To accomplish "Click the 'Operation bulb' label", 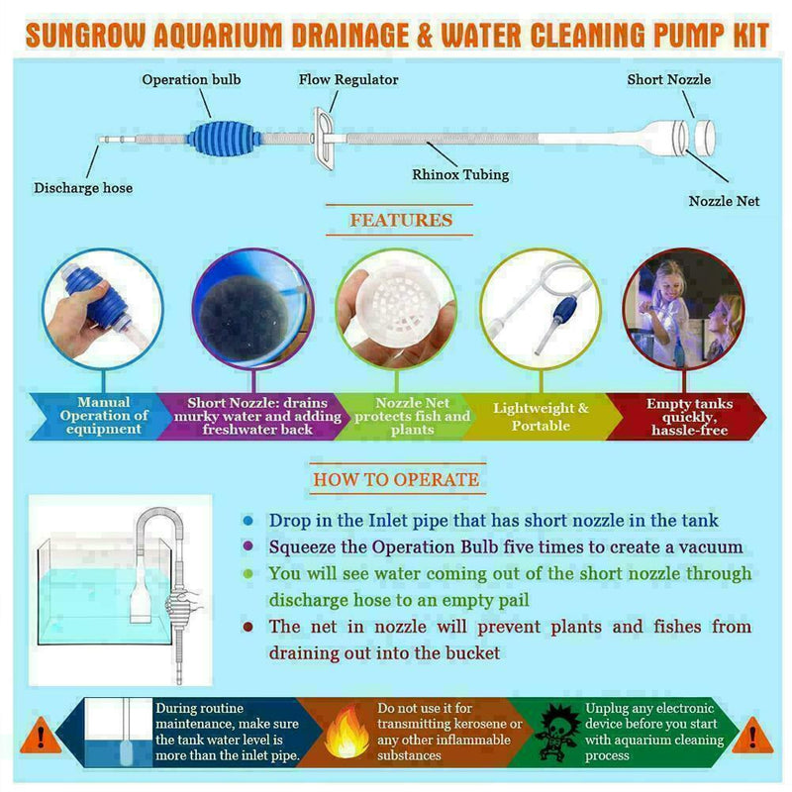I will point(191,79).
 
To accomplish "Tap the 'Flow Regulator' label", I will point(348,79).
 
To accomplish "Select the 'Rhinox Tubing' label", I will point(460,174).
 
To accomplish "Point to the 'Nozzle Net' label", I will point(724,200).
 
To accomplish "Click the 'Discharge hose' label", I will point(83,187).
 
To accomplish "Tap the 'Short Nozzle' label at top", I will point(668,79).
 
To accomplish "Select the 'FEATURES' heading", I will point(400,220).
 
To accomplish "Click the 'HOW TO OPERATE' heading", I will point(395,480).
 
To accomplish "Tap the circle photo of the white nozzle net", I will point(396,307).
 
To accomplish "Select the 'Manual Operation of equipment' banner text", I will point(104,416).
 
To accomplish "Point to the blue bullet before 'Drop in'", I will point(247,521).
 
